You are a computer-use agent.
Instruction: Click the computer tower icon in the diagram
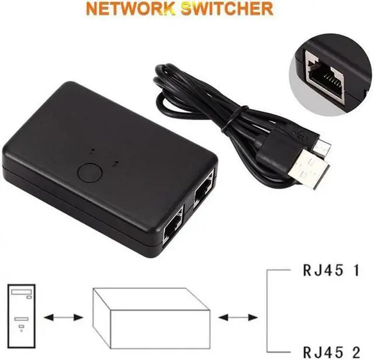[x=21, y=311]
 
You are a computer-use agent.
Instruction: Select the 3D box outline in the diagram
[x=150, y=315]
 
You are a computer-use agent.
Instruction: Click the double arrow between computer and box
[x=64, y=318]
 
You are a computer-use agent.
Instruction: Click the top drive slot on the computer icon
[x=21, y=292]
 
